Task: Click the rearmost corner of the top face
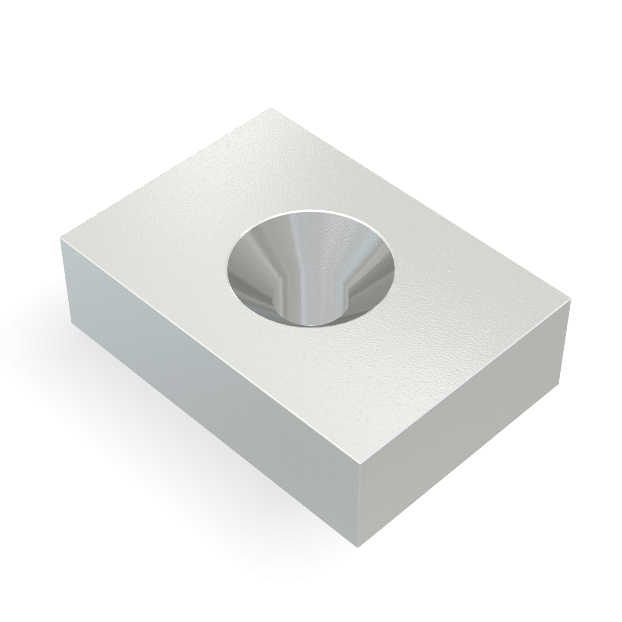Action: (x=271, y=108)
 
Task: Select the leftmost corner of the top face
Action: (x=61, y=237)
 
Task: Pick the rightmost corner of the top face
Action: (x=571, y=299)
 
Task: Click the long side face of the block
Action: (x=207, y=389)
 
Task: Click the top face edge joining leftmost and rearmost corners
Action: (x=166, y=173)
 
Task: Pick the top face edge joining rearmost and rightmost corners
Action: (x=421, y=203)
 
